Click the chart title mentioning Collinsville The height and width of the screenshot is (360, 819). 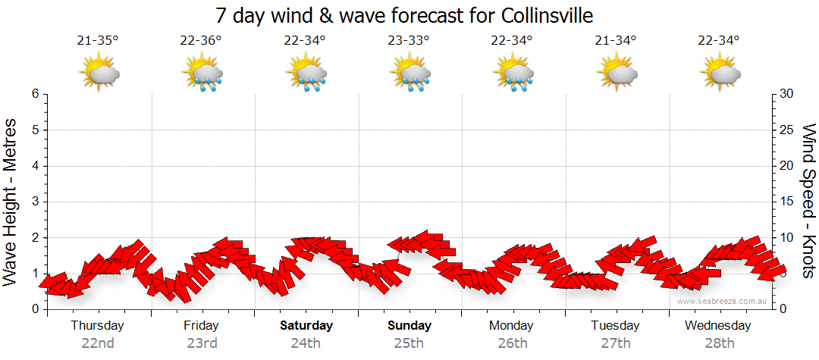[403, 15]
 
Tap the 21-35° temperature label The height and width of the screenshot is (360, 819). [98, 41]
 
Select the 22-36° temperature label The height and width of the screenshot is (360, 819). [201, 41]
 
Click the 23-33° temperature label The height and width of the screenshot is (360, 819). [409, 41]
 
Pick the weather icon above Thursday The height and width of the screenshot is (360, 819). [99, 74]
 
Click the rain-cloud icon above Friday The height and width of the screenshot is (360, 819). [202, 74]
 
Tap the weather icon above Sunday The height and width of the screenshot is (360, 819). [410, 74]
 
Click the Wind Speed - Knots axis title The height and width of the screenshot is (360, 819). [808, 202]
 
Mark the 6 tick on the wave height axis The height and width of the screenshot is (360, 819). [35, 94]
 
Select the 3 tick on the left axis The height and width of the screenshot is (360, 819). [35, 202]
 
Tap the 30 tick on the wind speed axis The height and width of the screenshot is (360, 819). [787, 94]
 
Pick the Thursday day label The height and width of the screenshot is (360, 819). [97, 326]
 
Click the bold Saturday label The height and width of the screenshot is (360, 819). [306, 326]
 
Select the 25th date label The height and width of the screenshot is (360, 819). [409, 343]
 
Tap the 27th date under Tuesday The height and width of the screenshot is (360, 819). [616, 343]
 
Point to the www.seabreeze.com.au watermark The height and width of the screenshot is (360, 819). [723, 301]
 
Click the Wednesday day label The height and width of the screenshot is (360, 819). [717, 326]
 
